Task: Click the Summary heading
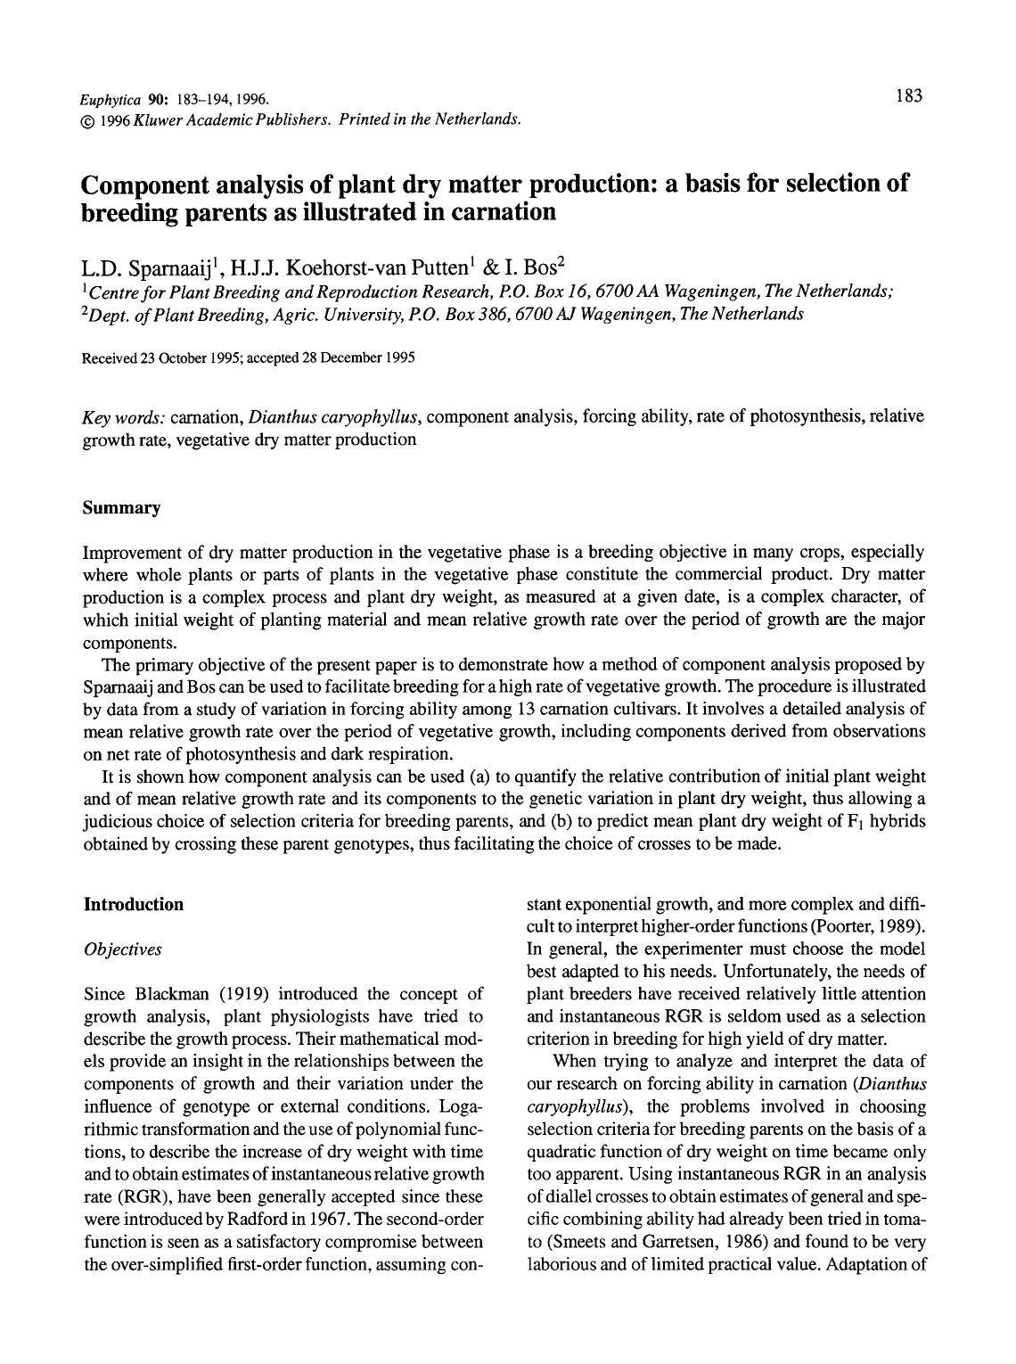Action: [122, 508]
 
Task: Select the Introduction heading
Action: [134, 905]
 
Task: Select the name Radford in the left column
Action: [259, 1219]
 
